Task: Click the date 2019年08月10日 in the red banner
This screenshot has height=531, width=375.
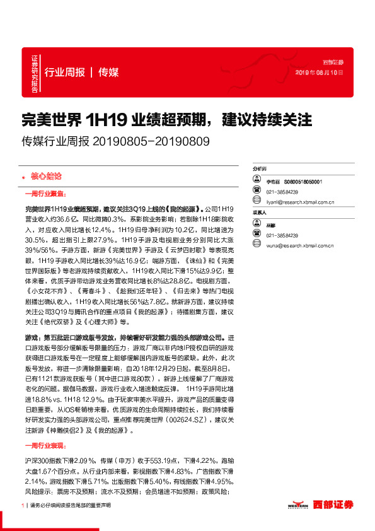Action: point(320,73)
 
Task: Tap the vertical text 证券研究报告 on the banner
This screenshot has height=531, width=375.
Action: point(35,73)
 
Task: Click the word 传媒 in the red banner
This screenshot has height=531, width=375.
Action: point(108,72)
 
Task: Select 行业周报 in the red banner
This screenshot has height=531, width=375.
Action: point(64,72)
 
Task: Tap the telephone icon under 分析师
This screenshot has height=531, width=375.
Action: point(256,191)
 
